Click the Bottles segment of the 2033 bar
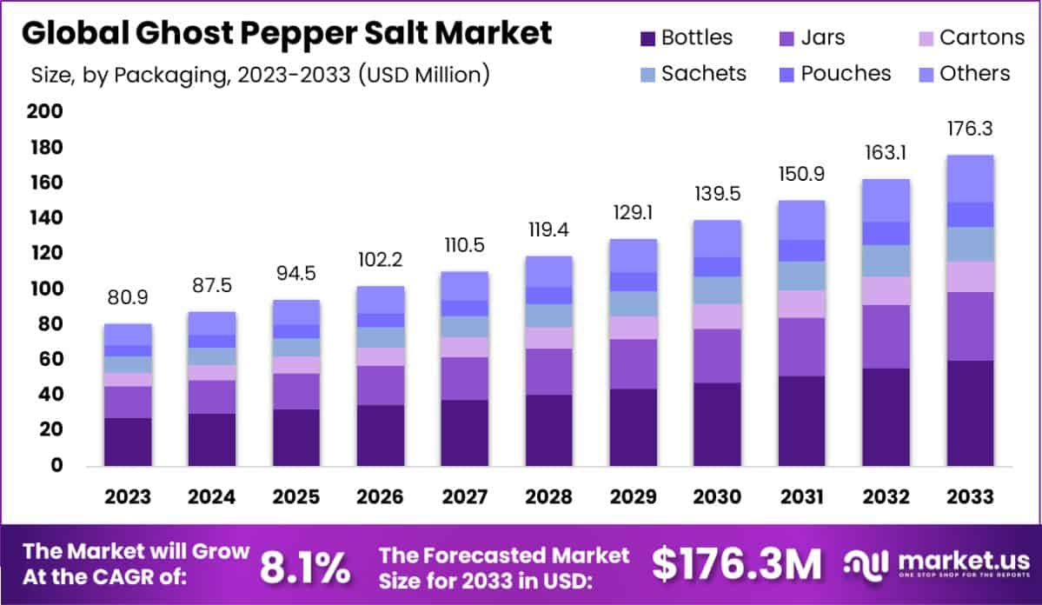tap(970, 413)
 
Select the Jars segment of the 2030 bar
tap(717, 356)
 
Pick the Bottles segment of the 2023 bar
tap(128, 442)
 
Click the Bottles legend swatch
tap(647, 38)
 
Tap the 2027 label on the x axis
tap(465, 497)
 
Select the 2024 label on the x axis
tap(212, 497)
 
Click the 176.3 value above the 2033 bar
tap(970, 129)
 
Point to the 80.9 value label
tap(128, 297)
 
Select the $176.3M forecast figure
tap(737, 565)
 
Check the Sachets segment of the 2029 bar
tap(634, 303)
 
